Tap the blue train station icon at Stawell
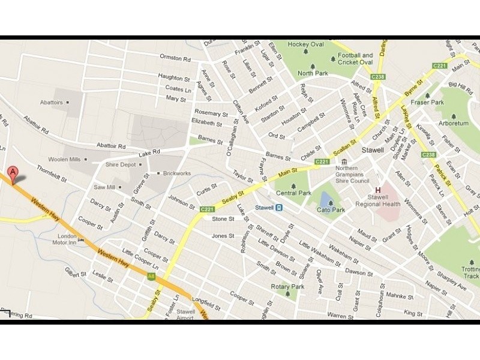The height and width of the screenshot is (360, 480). pyautogui.click(x=279, y=208)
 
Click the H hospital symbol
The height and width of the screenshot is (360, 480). pyautogui.click(x=377, y=190)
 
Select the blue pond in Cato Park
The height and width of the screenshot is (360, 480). pyautogui.click(x=325, y=199)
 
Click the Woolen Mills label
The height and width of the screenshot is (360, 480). pyautogui.click(x=65, y=160)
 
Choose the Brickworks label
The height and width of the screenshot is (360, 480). pyautogui.click(x=176, y=173)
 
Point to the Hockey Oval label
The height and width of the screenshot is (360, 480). pyautogui.click(x=306, y=44)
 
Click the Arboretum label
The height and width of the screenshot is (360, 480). pyautogui.click(x=454, y=124)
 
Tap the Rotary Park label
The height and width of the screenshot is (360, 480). pyautogui.click(x=288, y=287)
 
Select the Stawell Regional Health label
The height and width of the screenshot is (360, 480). pyautogui.click(x=385, y=200)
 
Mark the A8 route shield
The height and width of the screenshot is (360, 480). pyautogui.click(x=151, y=276)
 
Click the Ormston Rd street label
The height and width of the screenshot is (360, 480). pyautogui.click(x=175, y=58)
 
